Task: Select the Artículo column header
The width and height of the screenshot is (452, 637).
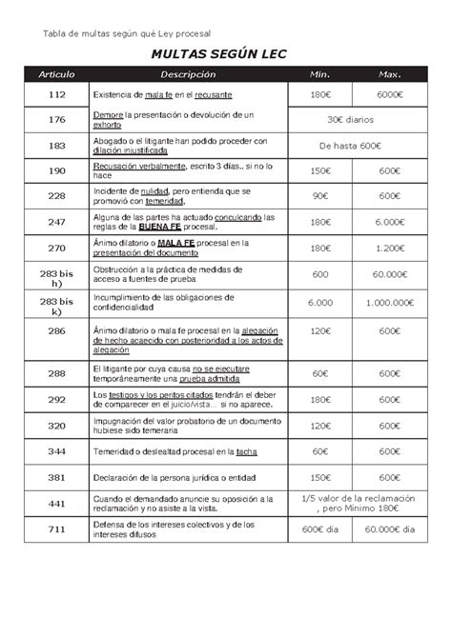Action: click(56, 75)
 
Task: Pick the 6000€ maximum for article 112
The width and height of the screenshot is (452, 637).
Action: click(388, 96)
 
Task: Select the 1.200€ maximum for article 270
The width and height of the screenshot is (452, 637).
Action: click(388, 248)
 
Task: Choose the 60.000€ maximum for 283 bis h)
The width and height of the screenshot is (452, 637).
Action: click(388, 273)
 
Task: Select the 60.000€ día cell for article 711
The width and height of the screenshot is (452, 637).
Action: click(388, 530)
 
